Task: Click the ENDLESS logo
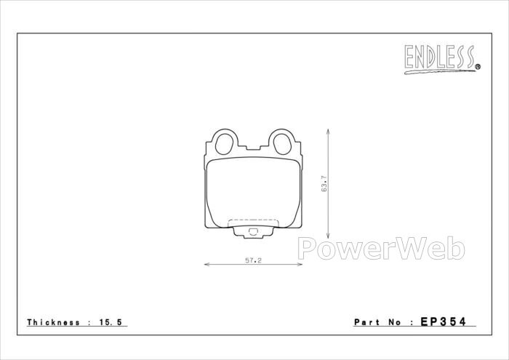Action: (442, 59)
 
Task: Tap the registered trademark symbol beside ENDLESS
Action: (478, 67)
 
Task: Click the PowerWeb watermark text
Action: (382, 249)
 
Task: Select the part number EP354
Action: (443, 321)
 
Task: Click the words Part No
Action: (377, 322)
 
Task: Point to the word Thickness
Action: (53, 322)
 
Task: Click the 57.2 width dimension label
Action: (253, 260)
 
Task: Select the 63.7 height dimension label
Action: (324, 184)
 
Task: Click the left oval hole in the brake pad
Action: (224, 144)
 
